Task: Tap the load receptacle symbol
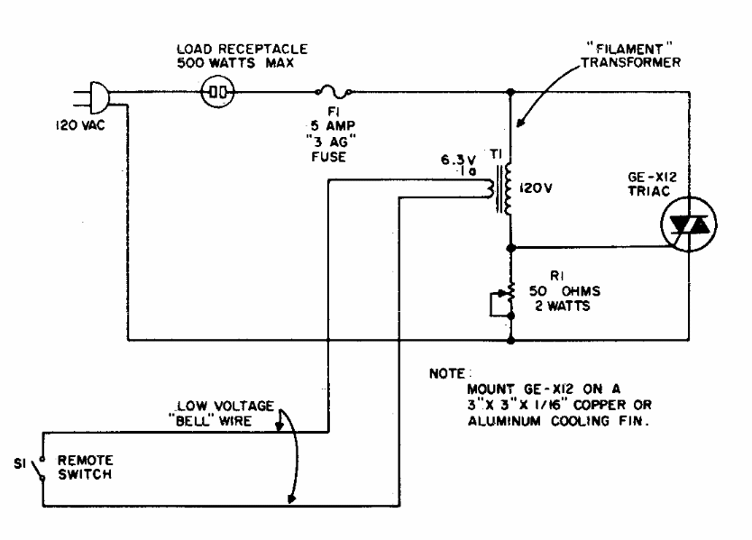(216, 91)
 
